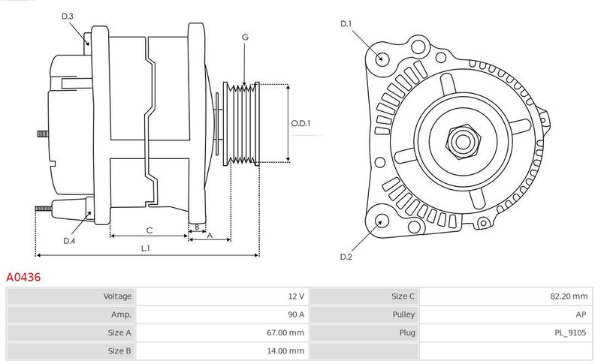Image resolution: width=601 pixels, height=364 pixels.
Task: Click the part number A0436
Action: [23, 277]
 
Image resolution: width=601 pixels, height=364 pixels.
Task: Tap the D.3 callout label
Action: [68, 16]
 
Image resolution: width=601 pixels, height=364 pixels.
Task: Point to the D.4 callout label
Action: [69, 240]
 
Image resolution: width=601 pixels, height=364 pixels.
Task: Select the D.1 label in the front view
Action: [346, 24]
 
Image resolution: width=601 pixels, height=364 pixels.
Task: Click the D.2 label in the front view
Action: [346, 257]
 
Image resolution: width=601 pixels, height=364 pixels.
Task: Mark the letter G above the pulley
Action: [245, 37]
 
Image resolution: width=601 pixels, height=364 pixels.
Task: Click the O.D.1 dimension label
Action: [300, 123]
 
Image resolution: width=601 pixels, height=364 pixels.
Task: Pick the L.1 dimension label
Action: [146, 248]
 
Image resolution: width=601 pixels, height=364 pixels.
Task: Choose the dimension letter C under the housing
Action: [149, 230]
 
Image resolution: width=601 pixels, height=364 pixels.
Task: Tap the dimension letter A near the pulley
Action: [210, 236]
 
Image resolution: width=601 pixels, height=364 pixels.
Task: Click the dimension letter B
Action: [197, 226]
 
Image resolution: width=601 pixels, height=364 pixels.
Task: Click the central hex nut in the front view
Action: [460, 140]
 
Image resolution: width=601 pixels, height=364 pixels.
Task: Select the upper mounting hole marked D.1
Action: [382, 59]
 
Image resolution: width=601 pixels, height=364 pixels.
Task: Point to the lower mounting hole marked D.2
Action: [382, 221]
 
